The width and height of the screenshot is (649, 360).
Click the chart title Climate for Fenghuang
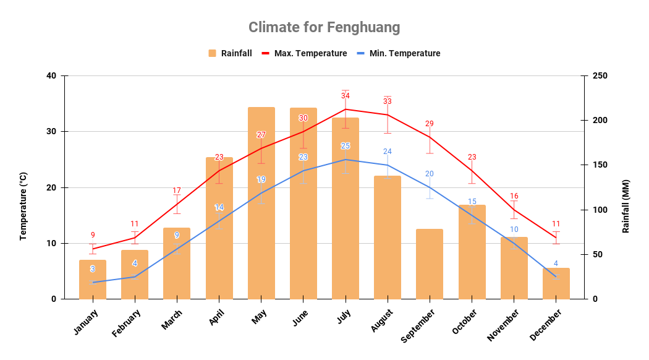(324, 28)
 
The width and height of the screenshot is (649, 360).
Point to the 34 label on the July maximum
(346, 96)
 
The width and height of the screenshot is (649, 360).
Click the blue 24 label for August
(388, 152)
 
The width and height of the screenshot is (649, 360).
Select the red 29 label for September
(430, 124)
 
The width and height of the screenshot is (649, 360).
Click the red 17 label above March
(177, 191)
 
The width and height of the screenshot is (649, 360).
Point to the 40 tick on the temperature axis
(51, 76)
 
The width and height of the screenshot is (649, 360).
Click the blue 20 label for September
(430, 174)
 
